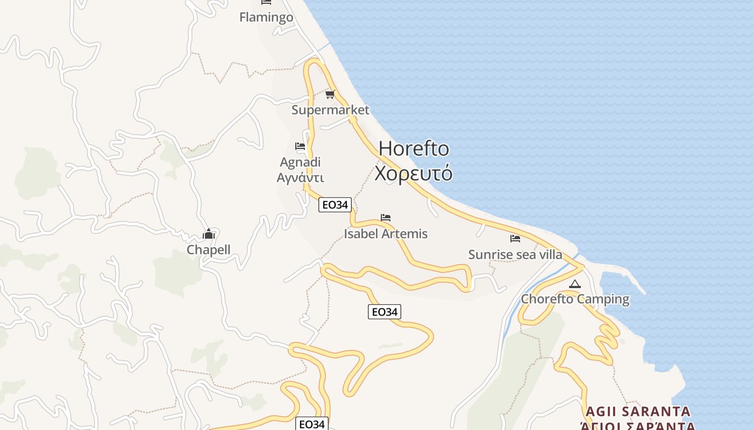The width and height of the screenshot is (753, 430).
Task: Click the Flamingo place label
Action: coord(266,17)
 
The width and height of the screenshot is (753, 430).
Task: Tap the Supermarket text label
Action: coord(330,110)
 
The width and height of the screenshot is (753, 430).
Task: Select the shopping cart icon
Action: coord(330,95)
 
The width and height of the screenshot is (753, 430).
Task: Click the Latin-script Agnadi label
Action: coord(300,162)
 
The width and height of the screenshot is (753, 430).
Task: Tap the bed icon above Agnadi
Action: coord(300,146)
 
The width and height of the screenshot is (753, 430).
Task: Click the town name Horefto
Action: coord(414,148)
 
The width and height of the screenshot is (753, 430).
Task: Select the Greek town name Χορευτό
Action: coord(414,174)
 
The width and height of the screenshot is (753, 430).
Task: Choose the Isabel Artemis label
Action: coord(386,234)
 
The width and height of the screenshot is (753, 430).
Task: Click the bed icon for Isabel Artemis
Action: coord(386,218)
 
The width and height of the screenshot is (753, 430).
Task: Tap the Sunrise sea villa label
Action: coord(515,254)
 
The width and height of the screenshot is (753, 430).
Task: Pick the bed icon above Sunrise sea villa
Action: coord(515,238)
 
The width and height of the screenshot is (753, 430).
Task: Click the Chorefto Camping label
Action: coord(575,299)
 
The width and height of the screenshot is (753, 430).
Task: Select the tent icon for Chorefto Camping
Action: coord(575,284)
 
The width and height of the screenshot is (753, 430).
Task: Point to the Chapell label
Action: coord(208,249)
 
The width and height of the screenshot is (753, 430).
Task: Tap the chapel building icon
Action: coord(209,234)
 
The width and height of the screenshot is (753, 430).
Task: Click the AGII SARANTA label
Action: coord(638,412)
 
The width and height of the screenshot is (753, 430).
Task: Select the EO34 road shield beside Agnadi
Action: coord(335,205)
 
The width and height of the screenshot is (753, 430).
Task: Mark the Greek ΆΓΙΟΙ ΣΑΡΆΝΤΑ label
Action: coord(637,426)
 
